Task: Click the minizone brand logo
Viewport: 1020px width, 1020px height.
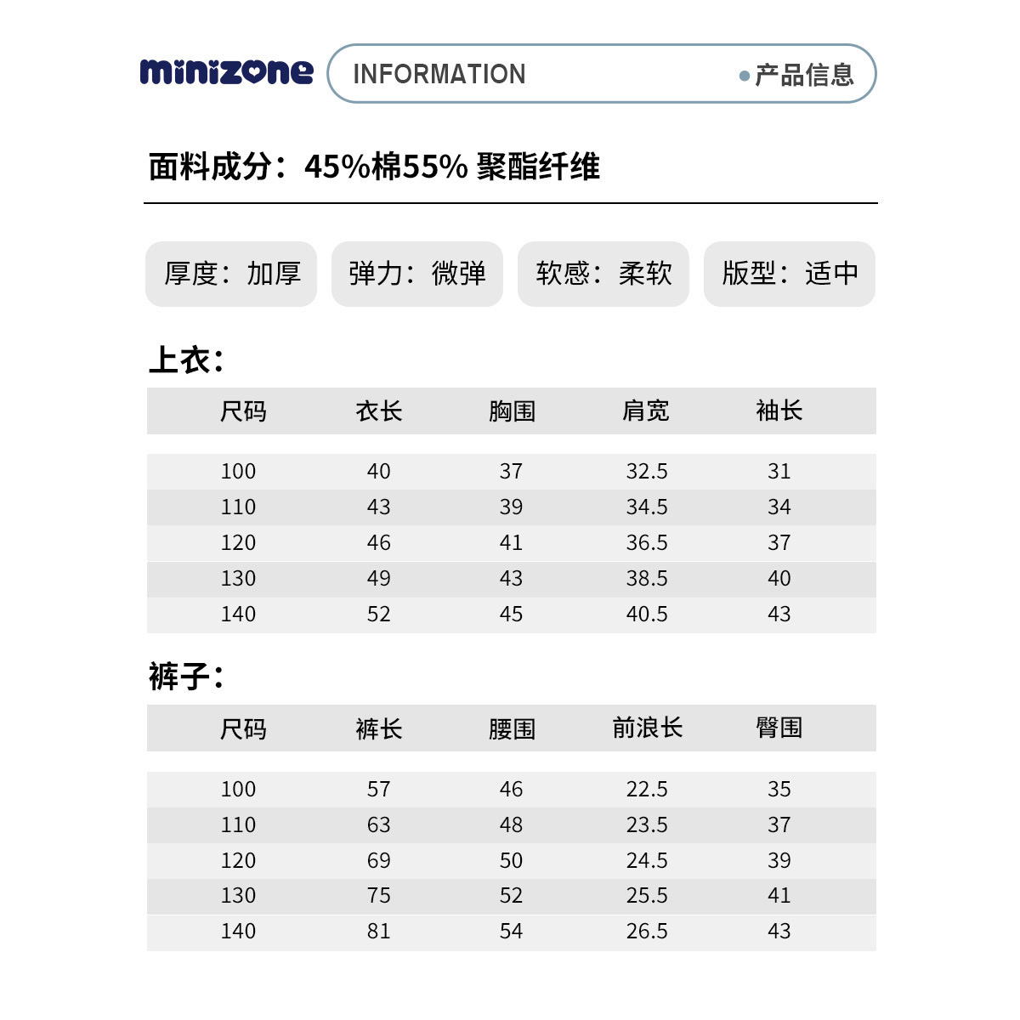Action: tap(226, 72)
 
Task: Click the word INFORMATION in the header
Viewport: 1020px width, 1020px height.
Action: tap(439, 74)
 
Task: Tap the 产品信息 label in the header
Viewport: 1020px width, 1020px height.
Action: tap(803, 75)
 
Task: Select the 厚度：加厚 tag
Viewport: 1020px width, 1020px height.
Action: tap(231, 274)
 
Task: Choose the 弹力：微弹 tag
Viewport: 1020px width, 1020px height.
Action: tap(416, 274)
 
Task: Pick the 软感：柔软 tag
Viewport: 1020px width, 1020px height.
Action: tap(603, 274)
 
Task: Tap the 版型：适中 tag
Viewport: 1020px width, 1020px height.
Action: tap(789, 274)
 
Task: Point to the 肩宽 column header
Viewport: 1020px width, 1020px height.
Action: tap(646, 411)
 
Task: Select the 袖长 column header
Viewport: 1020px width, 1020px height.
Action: tap(779, 411)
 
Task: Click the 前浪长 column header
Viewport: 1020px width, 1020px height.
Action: tap(647, 728)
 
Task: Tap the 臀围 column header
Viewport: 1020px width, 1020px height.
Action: tap(779, 728)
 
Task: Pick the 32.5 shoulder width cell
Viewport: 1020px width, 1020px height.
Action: tap(647, 472)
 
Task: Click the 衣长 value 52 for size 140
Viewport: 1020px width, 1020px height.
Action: tap(378, 615)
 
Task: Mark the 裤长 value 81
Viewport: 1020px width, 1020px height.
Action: tap(378, 932)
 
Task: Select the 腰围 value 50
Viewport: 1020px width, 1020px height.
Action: tap(511, 860)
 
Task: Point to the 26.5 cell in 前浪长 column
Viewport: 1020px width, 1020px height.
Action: tap(647, 932)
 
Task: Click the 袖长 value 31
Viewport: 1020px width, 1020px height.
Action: tap(779, 472)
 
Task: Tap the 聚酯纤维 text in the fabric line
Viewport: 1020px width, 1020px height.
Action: tap(538, 167)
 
